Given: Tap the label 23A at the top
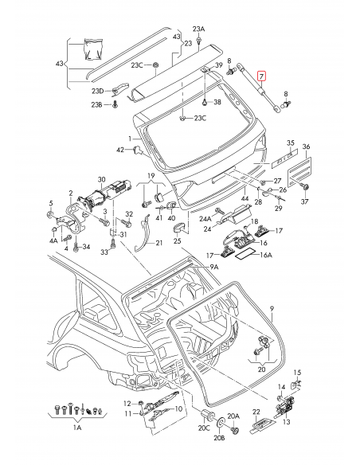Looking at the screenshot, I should [x=200, y=29].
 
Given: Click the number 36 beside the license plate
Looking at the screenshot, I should [x=306, y=146].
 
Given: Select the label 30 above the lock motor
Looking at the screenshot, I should [x=101, y=180].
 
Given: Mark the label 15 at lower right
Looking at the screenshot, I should [x=299, y=372].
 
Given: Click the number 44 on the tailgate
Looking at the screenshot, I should [x=245, y=200].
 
